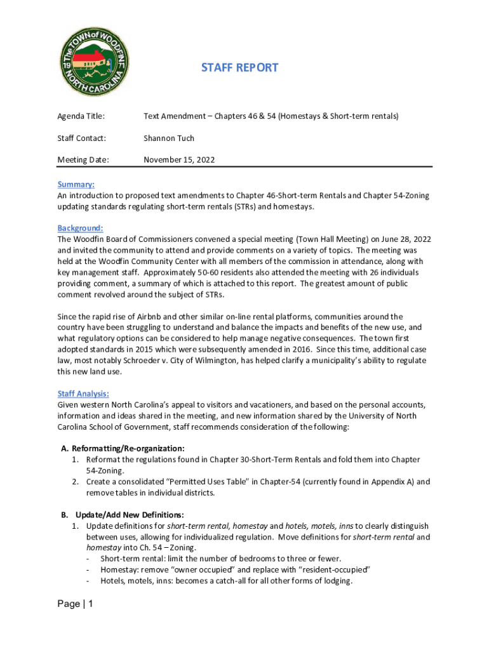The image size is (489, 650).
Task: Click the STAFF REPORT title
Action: pos(239,67)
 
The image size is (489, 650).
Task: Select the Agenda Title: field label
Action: pos(81,116)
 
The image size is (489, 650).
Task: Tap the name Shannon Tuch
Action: pos(169,138)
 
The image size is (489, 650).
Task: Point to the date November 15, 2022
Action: pos(179,160)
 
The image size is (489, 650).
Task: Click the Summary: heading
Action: pos(76,184)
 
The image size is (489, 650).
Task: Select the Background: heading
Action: pos(80,228)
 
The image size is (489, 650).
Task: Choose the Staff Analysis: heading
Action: pos(83,393)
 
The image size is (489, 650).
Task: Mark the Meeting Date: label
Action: pos(83,160)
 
